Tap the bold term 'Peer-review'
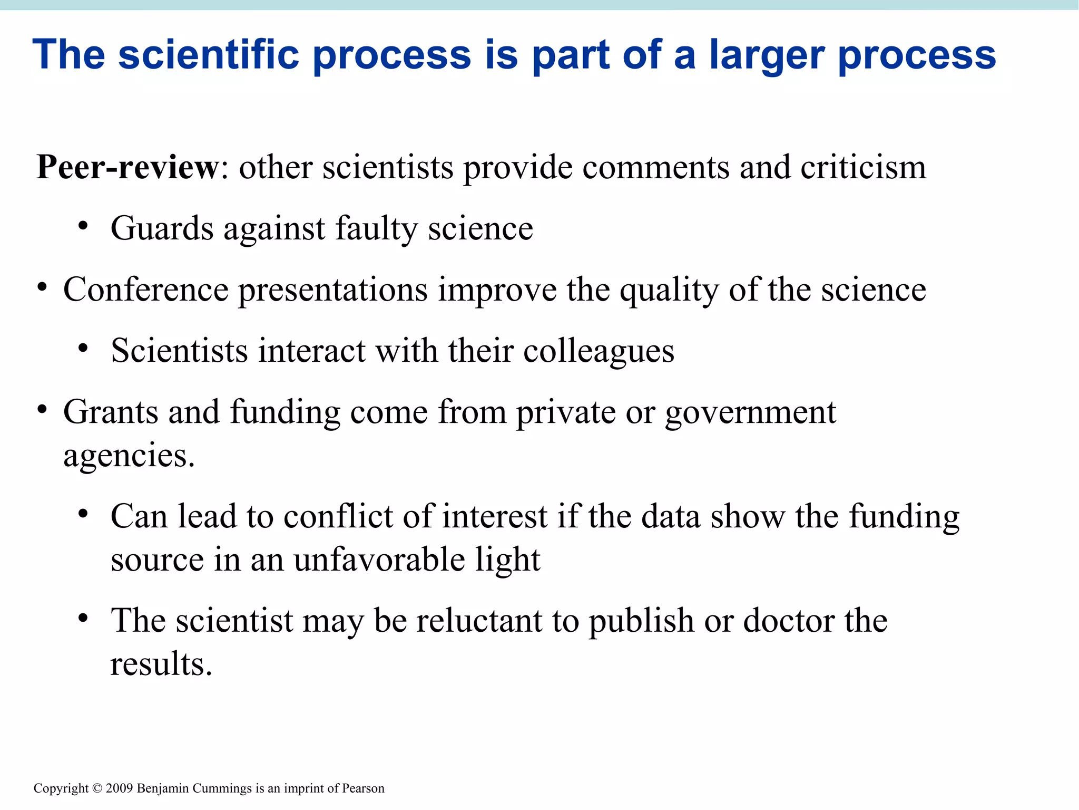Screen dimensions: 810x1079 [127, 167]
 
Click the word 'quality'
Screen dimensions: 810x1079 [669, 291]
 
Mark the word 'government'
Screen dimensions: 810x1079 [750, 412]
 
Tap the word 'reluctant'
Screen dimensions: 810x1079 [479, 620]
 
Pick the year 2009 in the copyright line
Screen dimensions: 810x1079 [119, 788]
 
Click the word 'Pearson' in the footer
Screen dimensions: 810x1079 [363, 788]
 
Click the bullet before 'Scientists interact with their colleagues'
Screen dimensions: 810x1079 [83, 349]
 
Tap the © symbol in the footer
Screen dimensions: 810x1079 [97, 788]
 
